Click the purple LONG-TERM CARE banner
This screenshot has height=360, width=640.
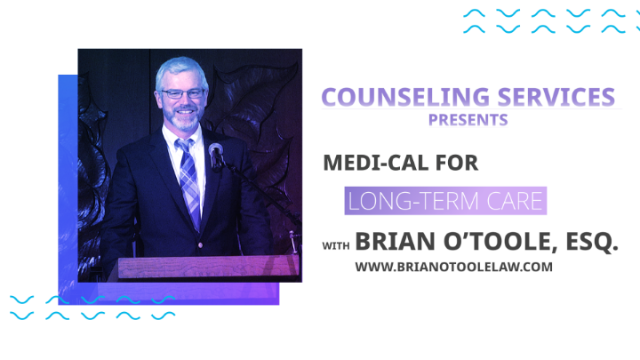click(444, 201)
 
